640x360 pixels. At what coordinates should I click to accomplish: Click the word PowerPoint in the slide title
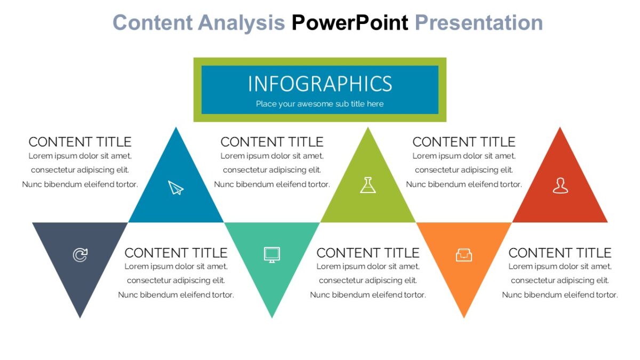click(349, 23)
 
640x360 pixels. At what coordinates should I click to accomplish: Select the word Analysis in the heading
click(241, 23)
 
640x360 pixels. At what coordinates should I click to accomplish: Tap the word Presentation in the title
click(478, 23)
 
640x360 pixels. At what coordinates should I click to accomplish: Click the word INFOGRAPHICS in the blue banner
click(320, 84)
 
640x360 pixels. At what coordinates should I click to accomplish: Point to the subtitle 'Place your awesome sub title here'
click(319, 104)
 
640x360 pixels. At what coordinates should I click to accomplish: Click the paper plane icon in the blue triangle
click(176, 188)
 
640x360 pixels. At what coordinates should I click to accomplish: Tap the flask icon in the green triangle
click(368, 185)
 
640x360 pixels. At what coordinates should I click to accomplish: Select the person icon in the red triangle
click(560, 186)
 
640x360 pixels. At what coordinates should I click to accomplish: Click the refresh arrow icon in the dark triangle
click(80, 255)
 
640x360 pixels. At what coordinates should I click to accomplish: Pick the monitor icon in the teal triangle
click(272, 254)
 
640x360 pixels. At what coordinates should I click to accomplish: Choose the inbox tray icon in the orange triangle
click(464, 255)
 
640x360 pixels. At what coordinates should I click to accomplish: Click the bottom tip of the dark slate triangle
click(80, 316)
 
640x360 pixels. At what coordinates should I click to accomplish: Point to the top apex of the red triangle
click(560, 129)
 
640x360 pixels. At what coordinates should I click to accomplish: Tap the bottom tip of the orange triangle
click(464, 316)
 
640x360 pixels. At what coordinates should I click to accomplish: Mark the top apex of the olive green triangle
click(368, 129)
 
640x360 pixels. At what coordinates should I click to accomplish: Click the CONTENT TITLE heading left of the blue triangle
click(80, 142)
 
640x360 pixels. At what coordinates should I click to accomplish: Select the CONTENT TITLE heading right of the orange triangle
click(560, 252)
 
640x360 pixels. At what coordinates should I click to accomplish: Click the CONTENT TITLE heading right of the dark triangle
click(176, 252)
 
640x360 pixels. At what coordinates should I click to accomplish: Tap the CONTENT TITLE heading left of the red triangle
click(464, 142)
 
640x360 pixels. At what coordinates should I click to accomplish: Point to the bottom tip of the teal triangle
click(272, 316)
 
